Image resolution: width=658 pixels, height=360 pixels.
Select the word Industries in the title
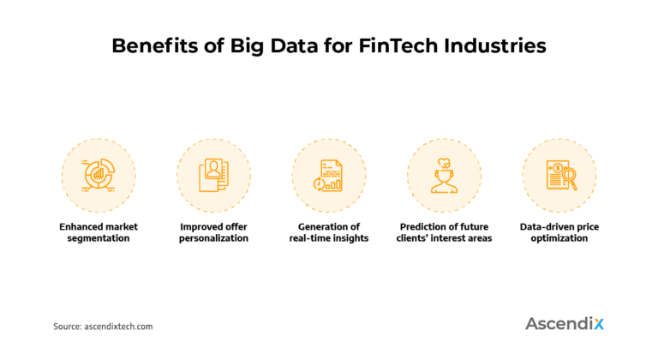click(x=500, y=46)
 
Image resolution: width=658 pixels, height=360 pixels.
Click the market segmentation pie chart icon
click(x=99, y=175)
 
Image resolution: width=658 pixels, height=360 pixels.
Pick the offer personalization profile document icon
click(x=213, y=175)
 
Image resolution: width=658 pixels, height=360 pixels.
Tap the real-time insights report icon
click(x=329, y=175)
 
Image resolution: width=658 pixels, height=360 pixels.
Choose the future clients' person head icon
click(x=444, y=175)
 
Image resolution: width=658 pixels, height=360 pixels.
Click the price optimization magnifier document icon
click(x=559, y=175)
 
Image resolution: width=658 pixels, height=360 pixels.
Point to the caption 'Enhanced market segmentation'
click(x=99, y=232)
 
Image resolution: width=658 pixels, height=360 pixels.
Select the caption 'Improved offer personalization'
click(x=213, y=232)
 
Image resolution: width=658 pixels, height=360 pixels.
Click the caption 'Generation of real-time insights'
click(x=329, y=232)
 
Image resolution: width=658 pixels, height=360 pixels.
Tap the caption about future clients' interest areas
click(x=444, y=232)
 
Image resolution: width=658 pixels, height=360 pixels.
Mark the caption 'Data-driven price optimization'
click(x=559, y=232)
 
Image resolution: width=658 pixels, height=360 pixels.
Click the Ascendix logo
click(x=564, y=323)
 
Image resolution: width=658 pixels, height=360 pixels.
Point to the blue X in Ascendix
click(x=597, y=323)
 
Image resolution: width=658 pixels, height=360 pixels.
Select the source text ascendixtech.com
click(x=118, y=327)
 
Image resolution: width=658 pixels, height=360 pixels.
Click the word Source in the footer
click(x=67, y=327)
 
